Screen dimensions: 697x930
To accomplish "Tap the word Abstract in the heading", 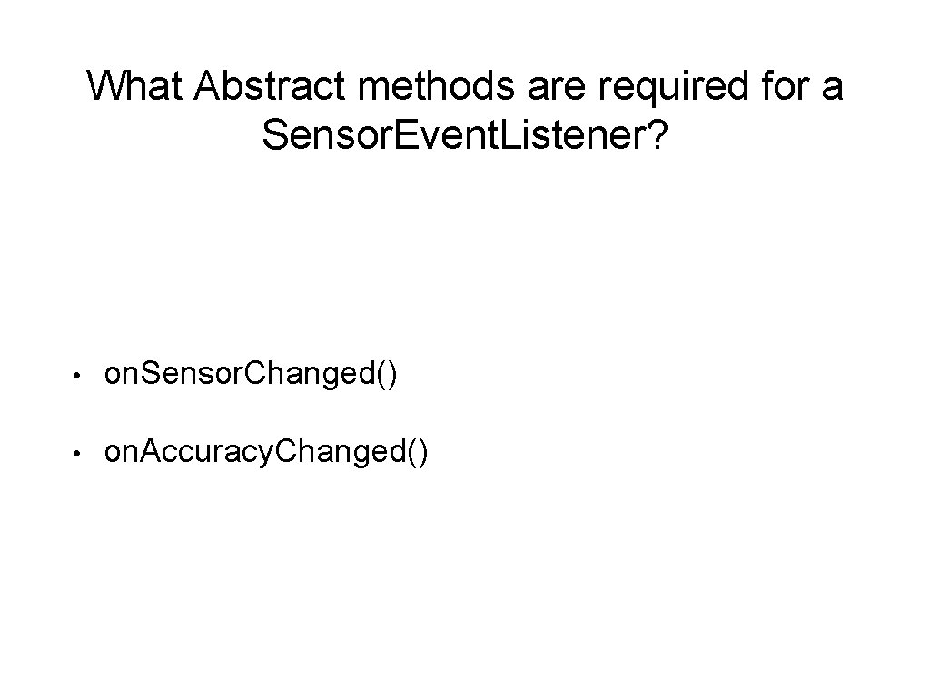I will click(x=267, y=87).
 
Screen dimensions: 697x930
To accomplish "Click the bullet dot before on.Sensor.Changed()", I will click(x=81, y=375).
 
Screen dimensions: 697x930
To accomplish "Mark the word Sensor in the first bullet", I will click(x=192, y=374).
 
